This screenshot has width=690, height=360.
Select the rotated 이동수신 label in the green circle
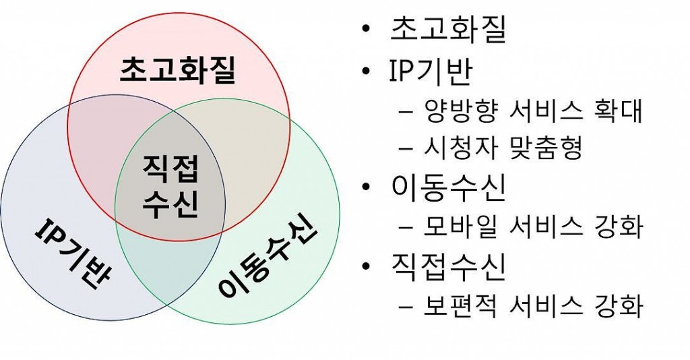(x=267, y=257)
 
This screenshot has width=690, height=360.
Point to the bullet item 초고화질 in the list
(x=448, y=29)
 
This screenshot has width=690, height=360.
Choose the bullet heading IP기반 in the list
(x=431, y=70)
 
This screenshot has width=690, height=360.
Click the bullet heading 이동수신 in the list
(x=448, y=188)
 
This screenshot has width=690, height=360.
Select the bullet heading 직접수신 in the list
(x=448, y=267)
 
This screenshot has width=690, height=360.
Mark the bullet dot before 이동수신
(x=365, y=187)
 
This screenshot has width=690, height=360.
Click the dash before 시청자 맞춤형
(x=405, y=148)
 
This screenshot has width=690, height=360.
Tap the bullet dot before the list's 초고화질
(x=365, y=30)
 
